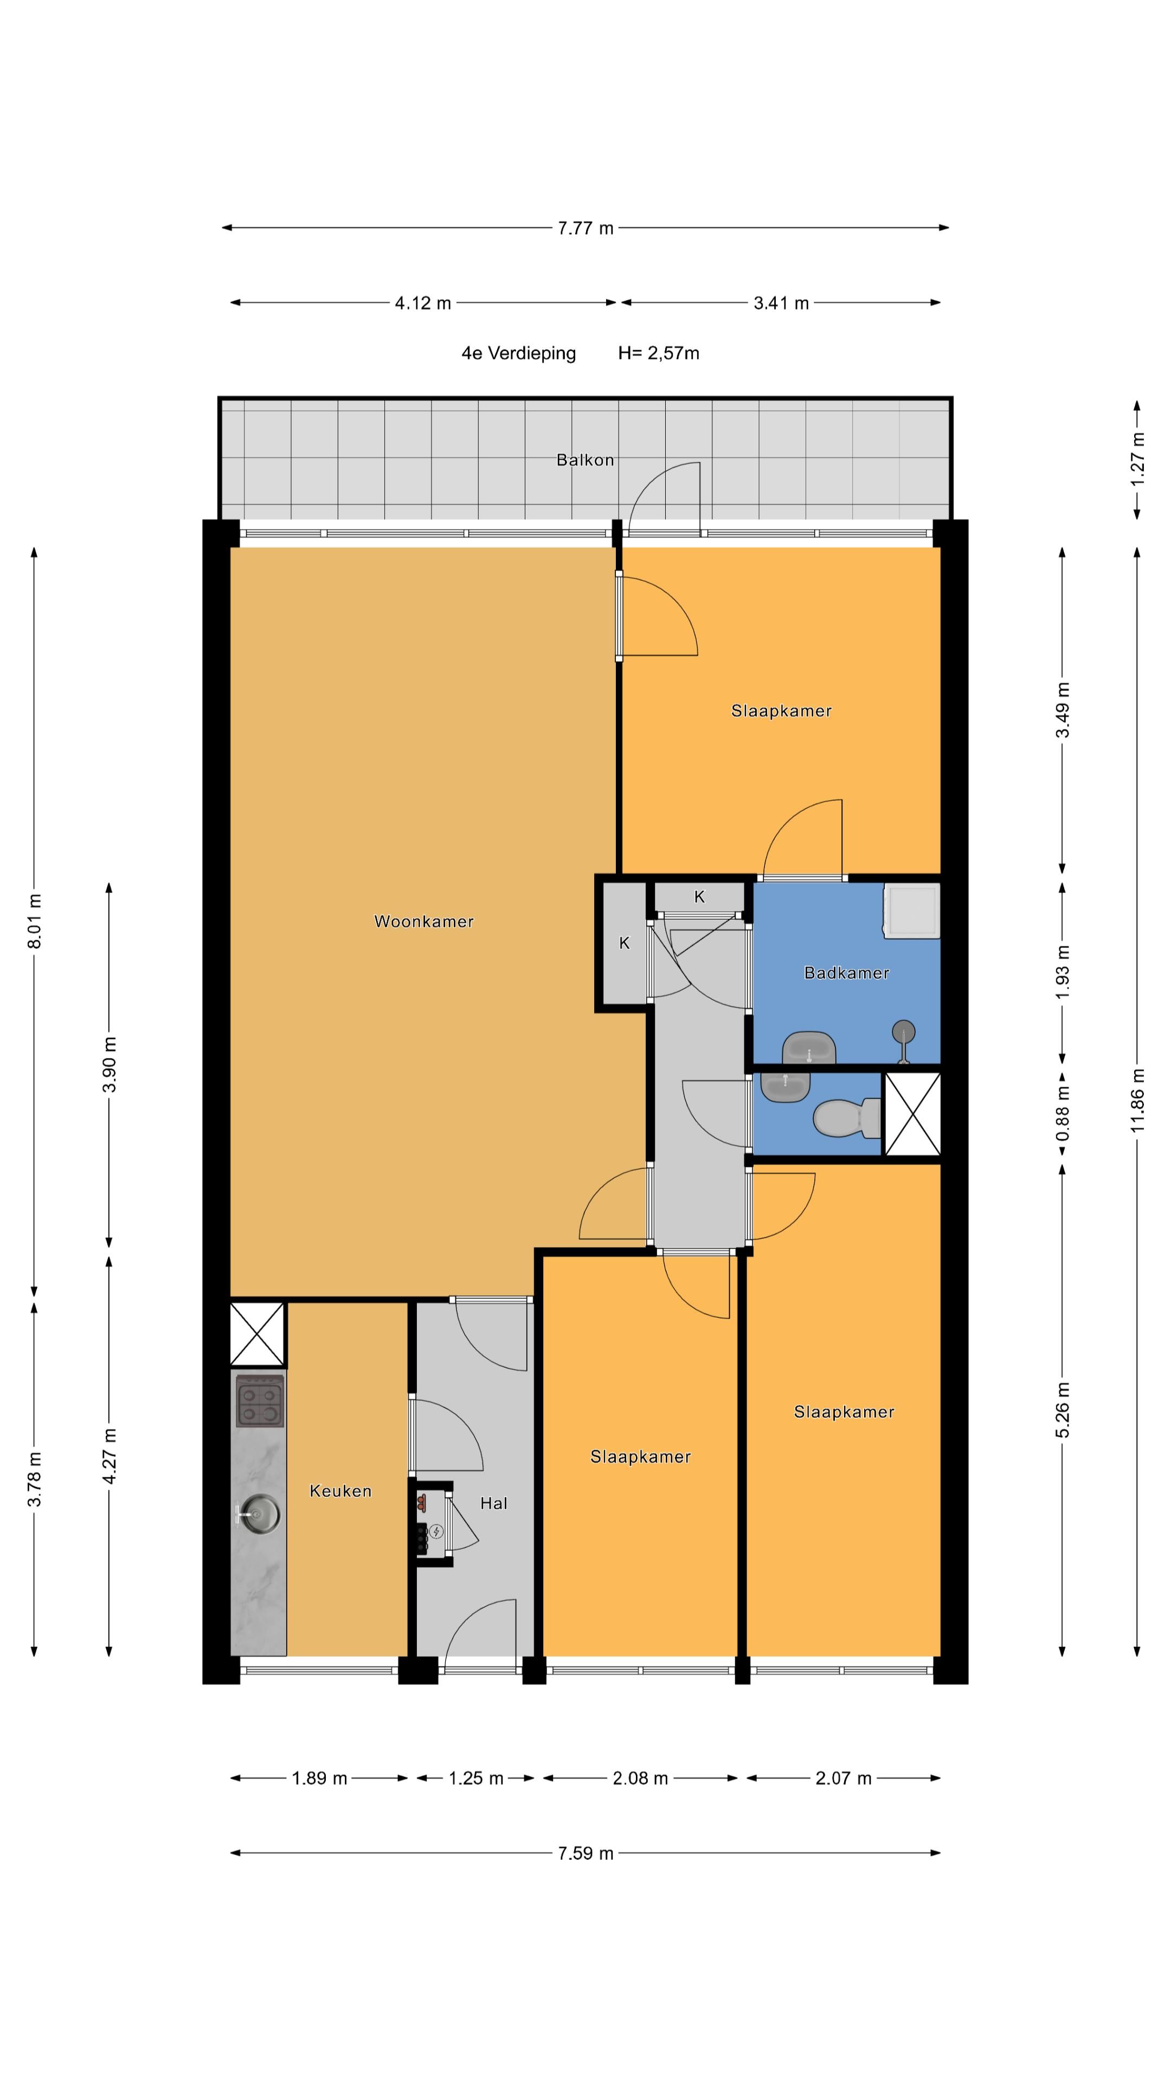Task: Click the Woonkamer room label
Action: [423, 921]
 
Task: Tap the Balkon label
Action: [585, 460]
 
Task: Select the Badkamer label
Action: [846, 973]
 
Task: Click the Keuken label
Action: [340, 1490]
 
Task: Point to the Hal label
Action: [494, 1503]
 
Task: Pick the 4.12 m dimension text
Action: [423, 303]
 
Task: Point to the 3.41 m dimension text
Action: [781, 303]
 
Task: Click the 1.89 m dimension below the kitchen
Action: [319, 1778]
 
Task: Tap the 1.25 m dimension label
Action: [476, 1778]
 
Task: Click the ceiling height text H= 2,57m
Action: [659, 353]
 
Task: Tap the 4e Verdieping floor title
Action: [519, 353]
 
